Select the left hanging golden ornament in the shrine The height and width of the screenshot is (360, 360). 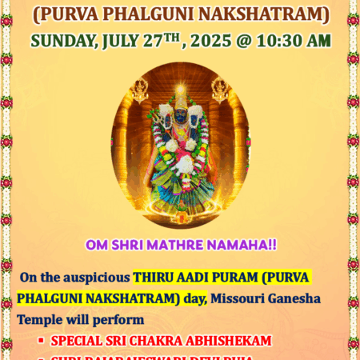coord(141,90)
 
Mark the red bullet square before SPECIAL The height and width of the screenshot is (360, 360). coord(40,340)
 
